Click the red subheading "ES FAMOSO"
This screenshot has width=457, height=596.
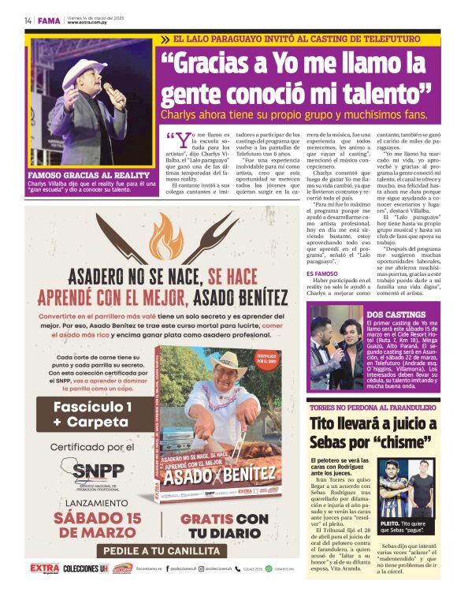pyautogui.click(x=320, y=274)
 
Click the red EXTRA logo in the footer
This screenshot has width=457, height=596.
pyautogui.click(x=44, y=568)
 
